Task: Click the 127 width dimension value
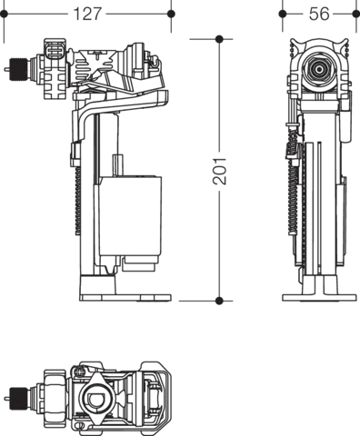click(87, 14)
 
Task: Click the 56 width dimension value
click(319, 14)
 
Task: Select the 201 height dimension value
click(219, 171)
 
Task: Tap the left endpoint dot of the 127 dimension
click(4, 14)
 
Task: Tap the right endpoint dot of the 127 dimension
click(171, 14)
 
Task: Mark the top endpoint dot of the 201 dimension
click(219, 39)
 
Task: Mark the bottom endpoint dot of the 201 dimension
click(219, 301)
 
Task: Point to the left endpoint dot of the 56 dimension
click(283, 14)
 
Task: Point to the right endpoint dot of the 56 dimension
click(356, 14)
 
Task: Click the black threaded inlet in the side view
click(18, 69)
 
